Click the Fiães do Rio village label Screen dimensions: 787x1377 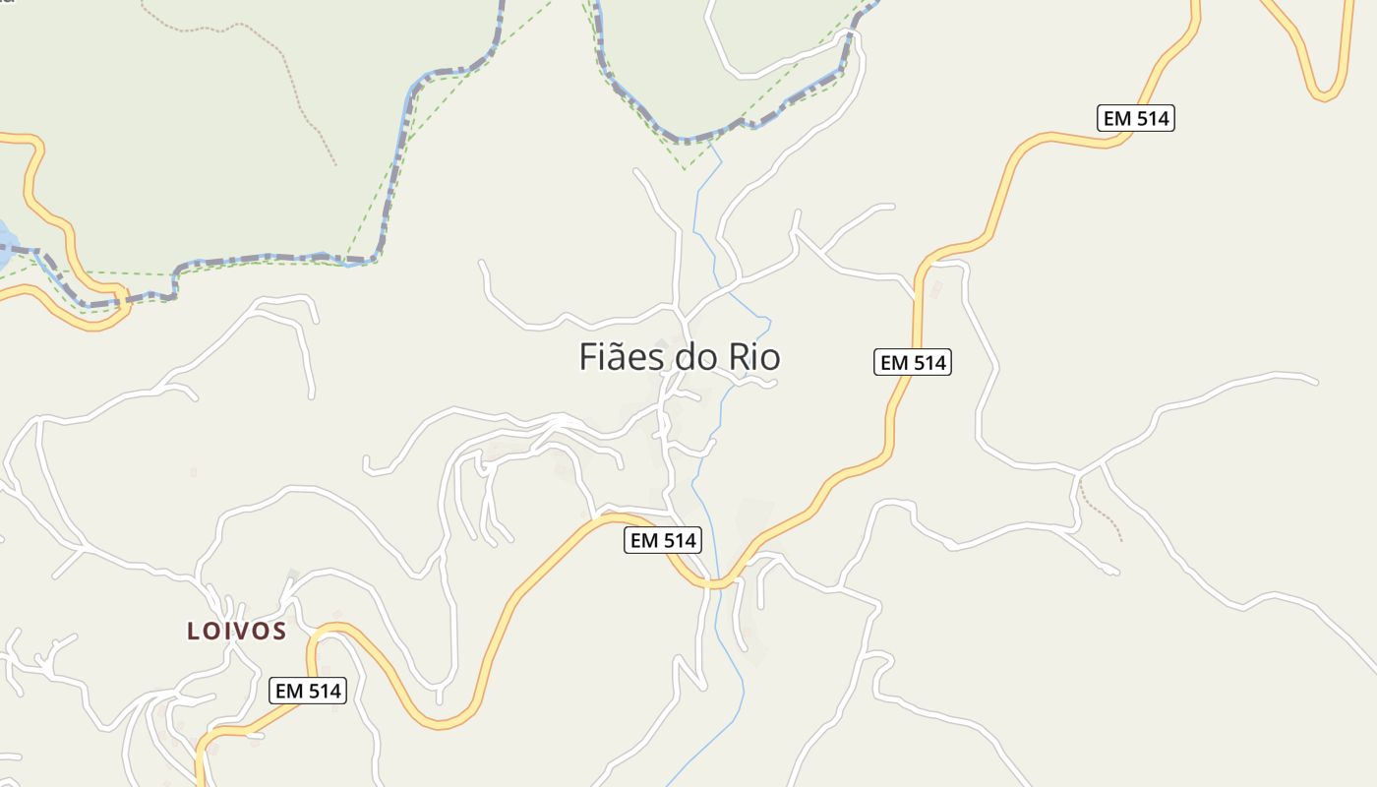coord(679,357)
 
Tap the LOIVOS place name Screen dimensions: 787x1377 coord(237,631)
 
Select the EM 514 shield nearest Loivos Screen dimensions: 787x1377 coord(308,691)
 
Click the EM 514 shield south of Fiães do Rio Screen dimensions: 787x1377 coord(663,540)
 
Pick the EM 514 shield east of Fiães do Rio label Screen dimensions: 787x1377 coord(913,362)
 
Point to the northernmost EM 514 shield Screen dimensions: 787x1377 coord(1136,118)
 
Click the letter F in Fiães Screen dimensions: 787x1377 coord(588,357)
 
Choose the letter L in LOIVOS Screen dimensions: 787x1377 coord(193,632)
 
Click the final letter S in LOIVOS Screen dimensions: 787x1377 coord(278,632)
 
